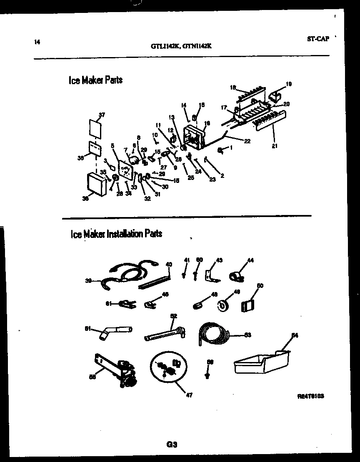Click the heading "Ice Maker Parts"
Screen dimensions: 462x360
pyautogui.click(x=95, y=80)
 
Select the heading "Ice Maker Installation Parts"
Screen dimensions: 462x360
pyautogui.click(x=116, y=234)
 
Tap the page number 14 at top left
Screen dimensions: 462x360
pyautogui.click(x=36, y=41)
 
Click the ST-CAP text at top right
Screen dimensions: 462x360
pyautogui.click(x=318, y=39)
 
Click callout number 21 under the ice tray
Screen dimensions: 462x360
pyautogui.click(x=274, y=146)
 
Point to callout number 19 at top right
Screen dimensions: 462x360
pyautogui.click(x=289, y=84)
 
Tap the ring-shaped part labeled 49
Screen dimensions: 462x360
pyautogui.click(x=224, y=306)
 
